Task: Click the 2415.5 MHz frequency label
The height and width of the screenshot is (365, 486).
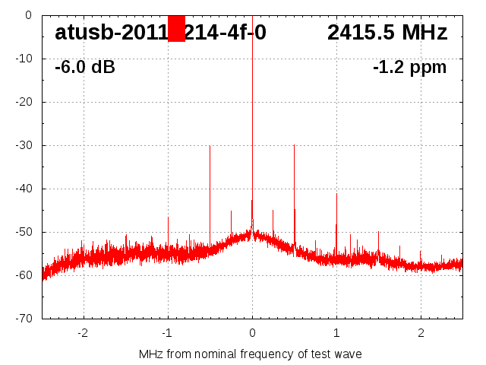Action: (387, 33)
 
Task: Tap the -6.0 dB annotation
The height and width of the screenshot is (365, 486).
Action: (85, 68)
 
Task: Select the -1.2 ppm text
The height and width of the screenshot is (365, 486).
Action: (409, 68)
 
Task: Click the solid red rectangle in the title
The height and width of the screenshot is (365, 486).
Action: (176, 29)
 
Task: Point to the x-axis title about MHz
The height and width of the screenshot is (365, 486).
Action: (251, 354)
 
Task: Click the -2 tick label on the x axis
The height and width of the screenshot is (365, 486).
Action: (83, 332)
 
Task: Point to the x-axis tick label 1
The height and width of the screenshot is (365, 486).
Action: (336, 332)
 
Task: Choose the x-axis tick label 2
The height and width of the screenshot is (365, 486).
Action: (421, 332)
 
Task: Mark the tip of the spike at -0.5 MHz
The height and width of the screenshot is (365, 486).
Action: (210, 147)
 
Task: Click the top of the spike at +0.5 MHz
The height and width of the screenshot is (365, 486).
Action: (294, 145)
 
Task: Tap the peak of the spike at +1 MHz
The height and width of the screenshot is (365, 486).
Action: (336, 194)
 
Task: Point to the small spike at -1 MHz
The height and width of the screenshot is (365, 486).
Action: (168, 217)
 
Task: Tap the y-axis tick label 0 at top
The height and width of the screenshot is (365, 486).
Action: (29, 15)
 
